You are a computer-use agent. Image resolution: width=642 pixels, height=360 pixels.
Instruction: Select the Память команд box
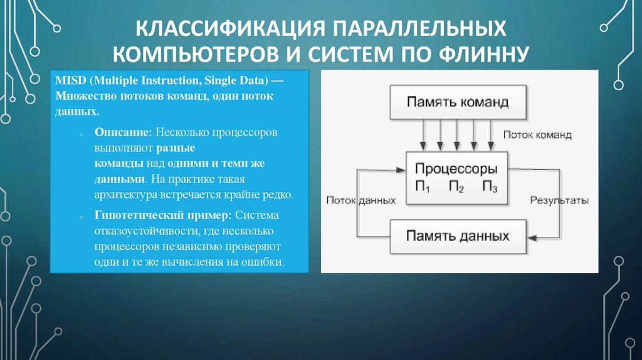click(x=457, y=102)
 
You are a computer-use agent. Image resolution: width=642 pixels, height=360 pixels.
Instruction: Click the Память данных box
click(x=457, y=236)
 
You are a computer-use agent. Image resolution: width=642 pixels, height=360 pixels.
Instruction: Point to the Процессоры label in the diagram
click(x=456, y=169)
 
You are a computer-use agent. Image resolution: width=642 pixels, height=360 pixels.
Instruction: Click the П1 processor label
click(x=423, y=186)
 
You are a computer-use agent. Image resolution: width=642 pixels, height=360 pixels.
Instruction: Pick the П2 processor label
click(x=456, y=186)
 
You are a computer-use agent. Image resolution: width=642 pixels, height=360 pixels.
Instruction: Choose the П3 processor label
click(x=490, y=186)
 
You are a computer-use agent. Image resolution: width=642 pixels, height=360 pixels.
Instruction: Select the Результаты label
click(x=559, y=201)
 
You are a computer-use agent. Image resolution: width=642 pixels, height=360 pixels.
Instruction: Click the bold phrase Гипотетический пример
click(x=164, y=215)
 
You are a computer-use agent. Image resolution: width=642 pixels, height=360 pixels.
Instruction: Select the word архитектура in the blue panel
click(x=125, y=194)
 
